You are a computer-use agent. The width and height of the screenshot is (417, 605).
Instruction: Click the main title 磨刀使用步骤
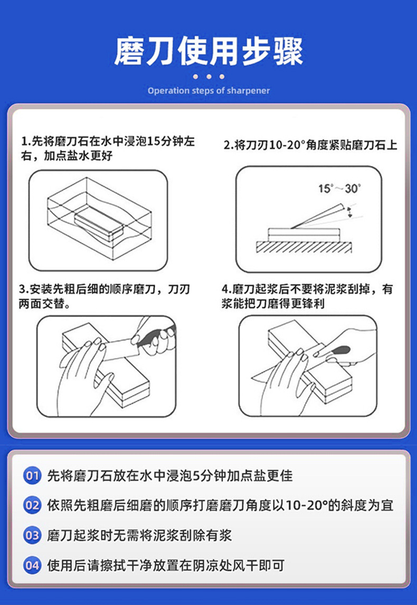click(209, 51)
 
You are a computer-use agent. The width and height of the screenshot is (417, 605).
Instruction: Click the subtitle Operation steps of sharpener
click(209, 91)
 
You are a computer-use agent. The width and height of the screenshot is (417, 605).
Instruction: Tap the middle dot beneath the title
click(209, 77)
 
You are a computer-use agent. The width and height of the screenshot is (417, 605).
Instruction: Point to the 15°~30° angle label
click(339, 188)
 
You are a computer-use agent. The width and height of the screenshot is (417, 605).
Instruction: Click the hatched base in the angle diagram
click(304, 247)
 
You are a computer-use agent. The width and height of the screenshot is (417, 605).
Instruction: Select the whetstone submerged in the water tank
click(99, 226)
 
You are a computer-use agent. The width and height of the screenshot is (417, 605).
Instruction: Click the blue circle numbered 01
click(32, 476)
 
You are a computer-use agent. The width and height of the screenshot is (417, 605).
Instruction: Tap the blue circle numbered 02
click(32, 506)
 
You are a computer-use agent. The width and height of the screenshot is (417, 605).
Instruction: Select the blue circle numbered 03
click(32, 536)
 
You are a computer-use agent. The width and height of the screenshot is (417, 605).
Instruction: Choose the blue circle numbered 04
click(32, 566)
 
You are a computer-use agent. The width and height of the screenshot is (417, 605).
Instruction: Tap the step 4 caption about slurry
click(307, 296)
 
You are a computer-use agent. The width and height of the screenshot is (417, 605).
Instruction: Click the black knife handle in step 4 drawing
click(340, 351)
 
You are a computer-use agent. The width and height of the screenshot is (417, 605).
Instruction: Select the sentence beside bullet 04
click(166, 566)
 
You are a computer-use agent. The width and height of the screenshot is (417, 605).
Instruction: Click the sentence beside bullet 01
click(169, 476)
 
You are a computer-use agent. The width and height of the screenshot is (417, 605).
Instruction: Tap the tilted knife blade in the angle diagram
click(319, 216)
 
